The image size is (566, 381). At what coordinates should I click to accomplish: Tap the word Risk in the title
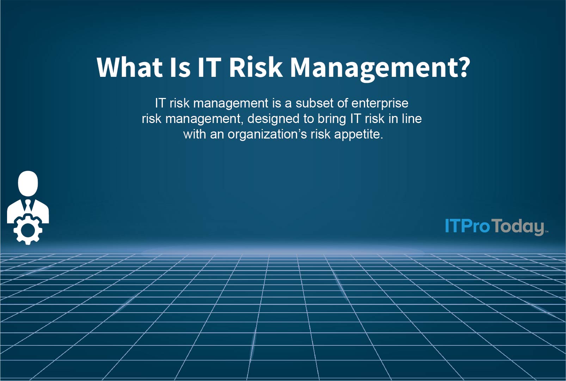click(256, 67)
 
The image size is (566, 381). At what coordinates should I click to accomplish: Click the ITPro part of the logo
click(467, 226)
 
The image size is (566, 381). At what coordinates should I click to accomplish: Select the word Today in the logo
click(518, 227)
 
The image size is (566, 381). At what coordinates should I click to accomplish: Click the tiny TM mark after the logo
click(547, 232)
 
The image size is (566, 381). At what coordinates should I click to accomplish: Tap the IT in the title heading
click(209, 67)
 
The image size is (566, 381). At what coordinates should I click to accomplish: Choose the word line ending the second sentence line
click(412, 119)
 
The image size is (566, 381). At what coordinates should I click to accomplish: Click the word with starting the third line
click(194, 134)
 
